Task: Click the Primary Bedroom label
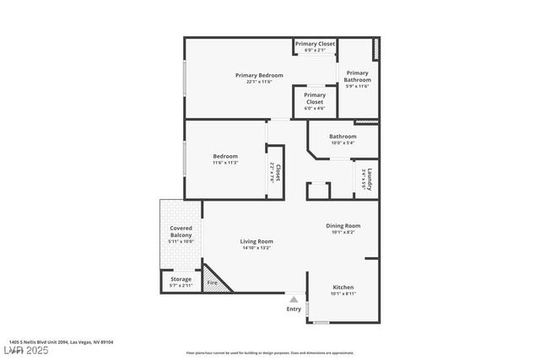(259, 75)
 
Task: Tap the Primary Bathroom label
(357, 76)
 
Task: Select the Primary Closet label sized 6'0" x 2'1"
(315, 43)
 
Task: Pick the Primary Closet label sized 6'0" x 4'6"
(314, 99)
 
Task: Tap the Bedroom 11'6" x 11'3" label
(224, 156)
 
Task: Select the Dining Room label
(343, 225)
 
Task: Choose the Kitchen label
(343, 287)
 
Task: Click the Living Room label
(256, 241)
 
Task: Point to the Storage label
(181, 279)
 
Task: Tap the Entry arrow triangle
(294, 298)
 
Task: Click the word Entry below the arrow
(294, 309)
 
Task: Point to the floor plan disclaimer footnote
(269, 352)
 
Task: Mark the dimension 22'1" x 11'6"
(259, 81)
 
